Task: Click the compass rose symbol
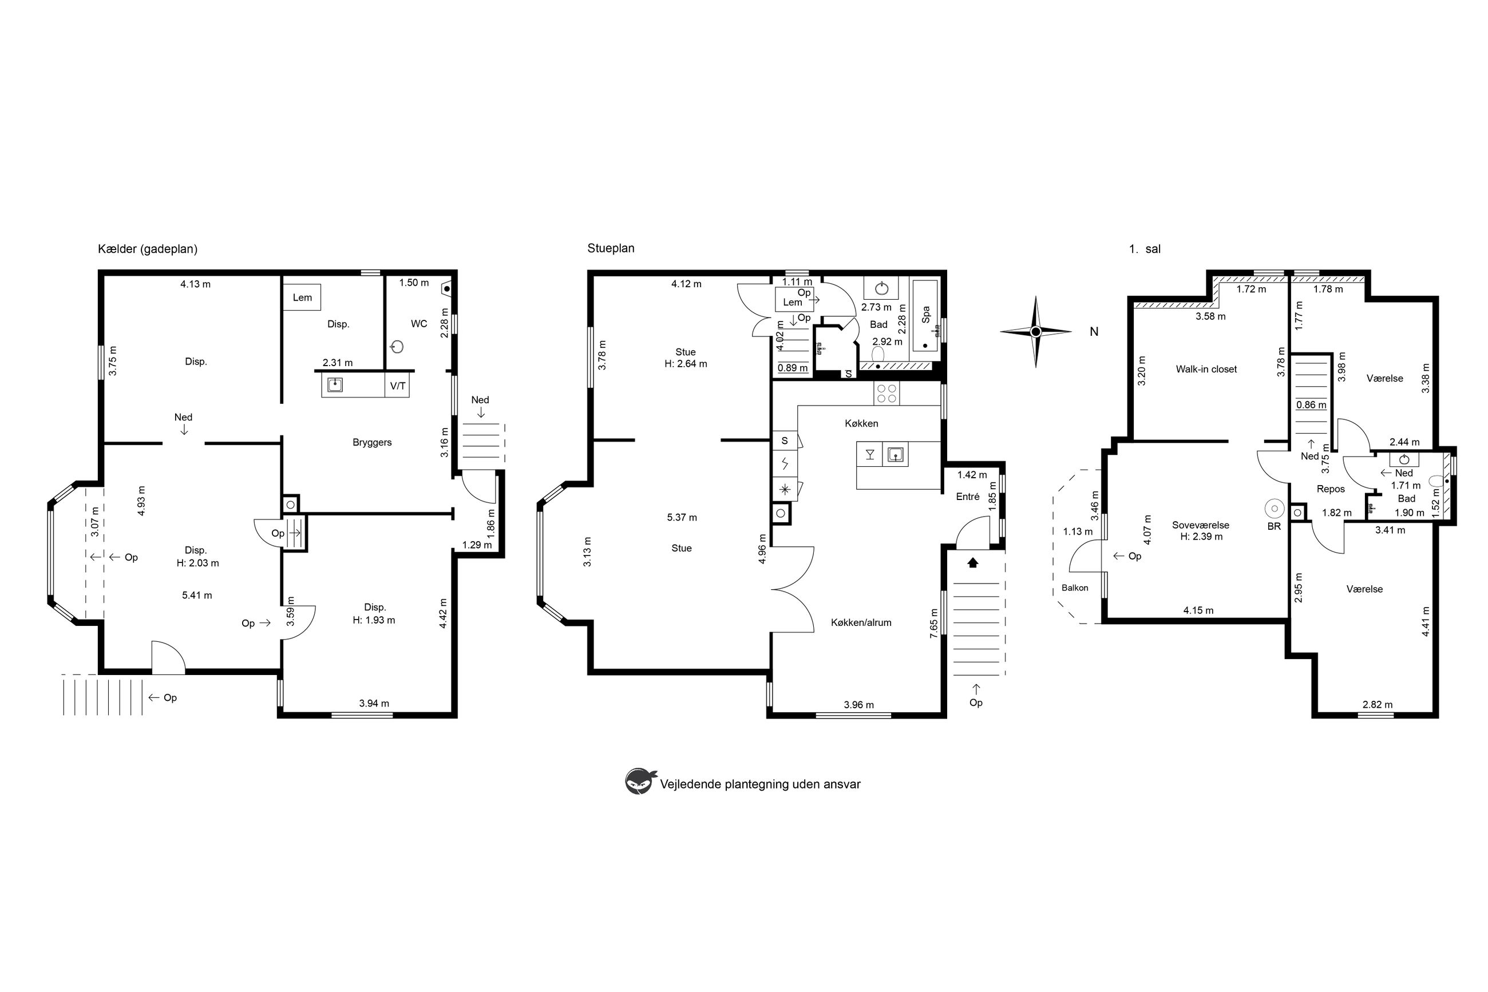pyautogui.click(x=1035, y=331)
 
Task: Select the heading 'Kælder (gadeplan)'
pyautogui.click(x=148, y=249)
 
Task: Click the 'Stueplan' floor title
pyautogui.click(x=611, y=248)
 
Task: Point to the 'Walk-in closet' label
pyautogui.click(x=1206, y=370)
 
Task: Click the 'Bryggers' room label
pyautogui.click(x=372, y=442)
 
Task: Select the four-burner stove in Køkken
pyautogui.click(x=887, y=393)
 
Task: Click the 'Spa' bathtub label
pyautogui.click(x=926, y=315)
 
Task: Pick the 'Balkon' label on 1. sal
pyautogui.click(x=1075, y=588)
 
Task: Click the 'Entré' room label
pyautogui.click(x=968, y=497)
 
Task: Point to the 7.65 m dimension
pyautogui.click(x=933, y=623)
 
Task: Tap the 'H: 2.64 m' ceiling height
pyautogui.click(x=686, y=364)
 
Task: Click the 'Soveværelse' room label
pyautogui.click(x=1201, y=525)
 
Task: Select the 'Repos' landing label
pyautogui.click(x=1331, y=489)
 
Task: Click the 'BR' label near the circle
pyautogui.click(x=1274, y=526)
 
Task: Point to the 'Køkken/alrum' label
pyautogui.click(x=861, y=622)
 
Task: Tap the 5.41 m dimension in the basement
pyautogui.click(x=197, y=596)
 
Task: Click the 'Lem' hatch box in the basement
pyautogui.click(x=302, y=297)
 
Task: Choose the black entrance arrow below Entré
pyautogui.click(x=973, y=562)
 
